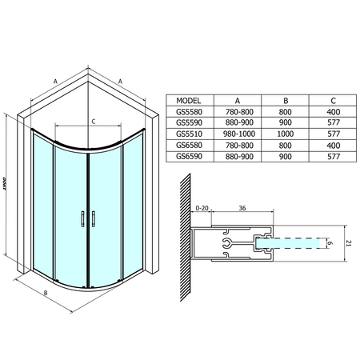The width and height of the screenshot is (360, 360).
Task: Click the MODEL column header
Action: pos(189,101)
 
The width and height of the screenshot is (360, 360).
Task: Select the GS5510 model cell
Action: pos(189,134)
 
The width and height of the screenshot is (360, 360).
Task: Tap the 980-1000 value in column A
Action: pos(239,134)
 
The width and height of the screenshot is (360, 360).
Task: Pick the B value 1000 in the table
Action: pos(286,134)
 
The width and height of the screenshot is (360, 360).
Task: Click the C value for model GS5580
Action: pos(334,112)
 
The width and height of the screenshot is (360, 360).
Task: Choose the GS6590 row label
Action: pos(189,156)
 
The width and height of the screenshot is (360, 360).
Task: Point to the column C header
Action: pos(333,101)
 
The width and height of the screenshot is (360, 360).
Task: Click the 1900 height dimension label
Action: pos(4,184)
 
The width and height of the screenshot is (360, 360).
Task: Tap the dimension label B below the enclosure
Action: pos(46,293)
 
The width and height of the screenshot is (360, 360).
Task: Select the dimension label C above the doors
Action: pos(94,122)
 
